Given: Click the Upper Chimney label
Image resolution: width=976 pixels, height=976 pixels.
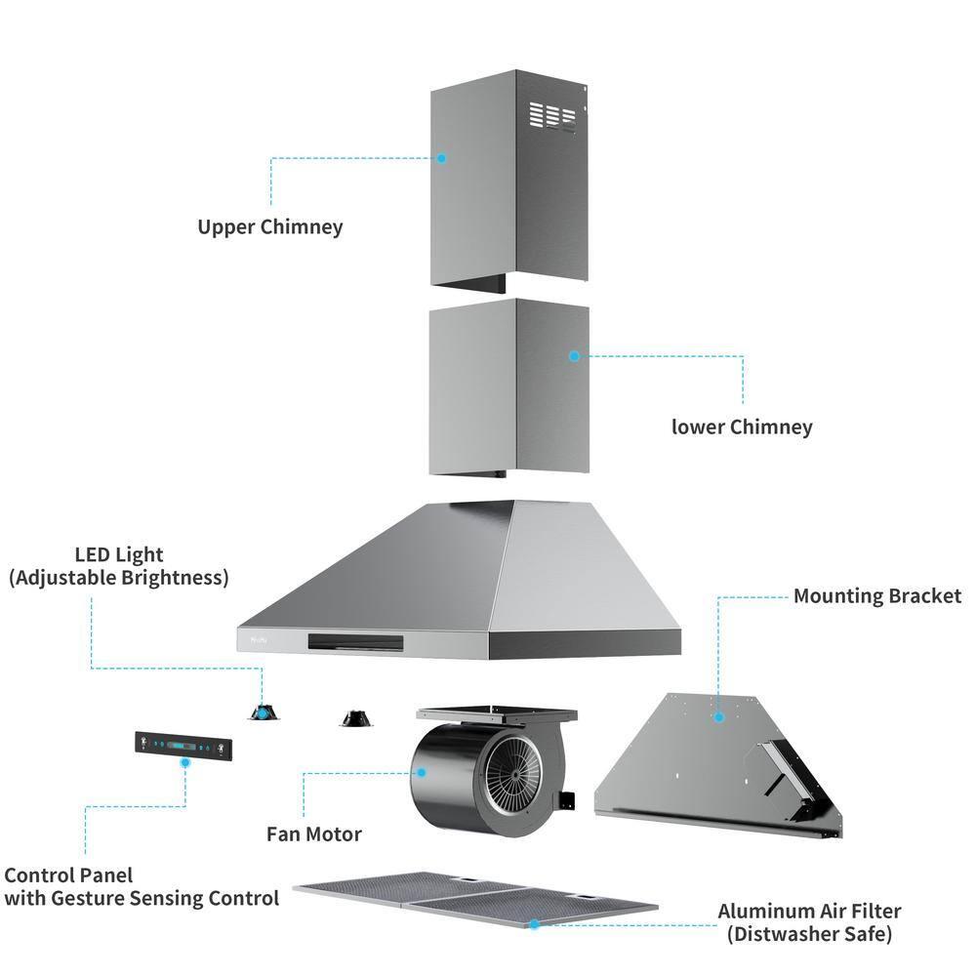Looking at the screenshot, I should [270, 227].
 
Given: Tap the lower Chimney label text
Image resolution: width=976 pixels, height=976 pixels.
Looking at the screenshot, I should [742, 427].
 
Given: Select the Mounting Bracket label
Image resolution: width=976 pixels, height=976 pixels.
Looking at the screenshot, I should [876, 595].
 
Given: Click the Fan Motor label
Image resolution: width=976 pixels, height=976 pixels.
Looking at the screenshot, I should [314, 834].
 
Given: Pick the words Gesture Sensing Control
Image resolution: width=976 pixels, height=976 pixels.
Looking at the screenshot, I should [162, 898].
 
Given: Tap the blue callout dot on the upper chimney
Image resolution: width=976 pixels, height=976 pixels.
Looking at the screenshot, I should [441, 157].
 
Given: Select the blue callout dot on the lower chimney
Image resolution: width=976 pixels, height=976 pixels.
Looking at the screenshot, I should [575, 356].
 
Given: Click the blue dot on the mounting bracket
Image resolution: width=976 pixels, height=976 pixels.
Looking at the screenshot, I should [718, 717].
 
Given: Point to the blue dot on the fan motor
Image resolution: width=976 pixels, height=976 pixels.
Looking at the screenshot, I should [423, 771].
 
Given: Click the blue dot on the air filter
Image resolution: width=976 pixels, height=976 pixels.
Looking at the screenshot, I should [534, 922].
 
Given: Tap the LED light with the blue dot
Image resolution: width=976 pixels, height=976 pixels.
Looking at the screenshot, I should [262, 712].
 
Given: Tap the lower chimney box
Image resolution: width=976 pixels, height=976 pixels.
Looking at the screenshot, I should [508, 390].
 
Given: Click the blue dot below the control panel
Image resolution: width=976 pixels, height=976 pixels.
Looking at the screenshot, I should [185, 766].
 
